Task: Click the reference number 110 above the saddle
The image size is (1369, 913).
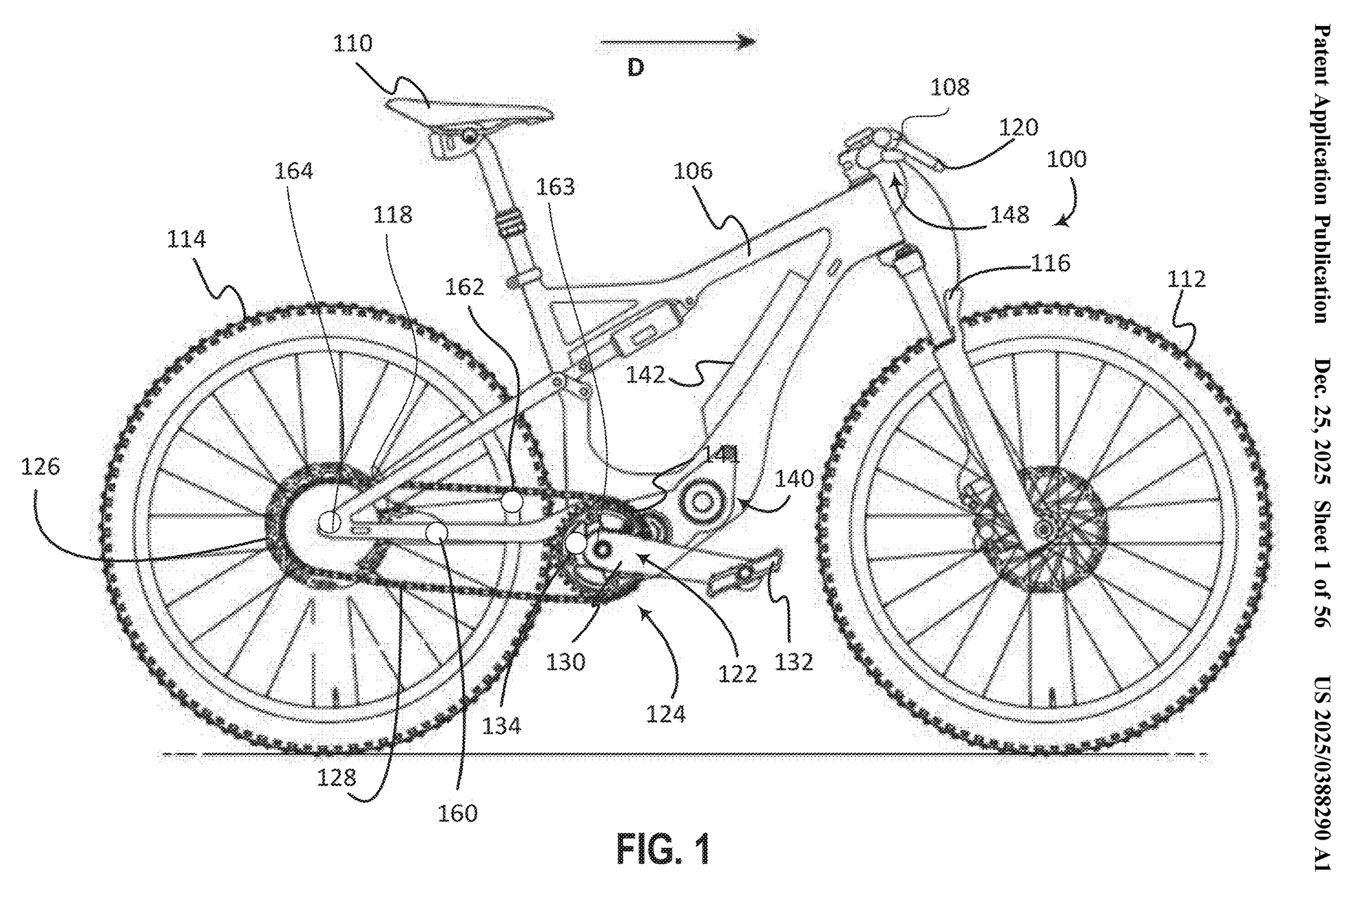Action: (353, 44)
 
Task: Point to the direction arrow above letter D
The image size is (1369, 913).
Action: (678, 42)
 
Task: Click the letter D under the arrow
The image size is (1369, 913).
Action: (636, 68)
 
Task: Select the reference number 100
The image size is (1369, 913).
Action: (1066, 160)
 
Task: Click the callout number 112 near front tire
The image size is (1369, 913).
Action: (1186, 279)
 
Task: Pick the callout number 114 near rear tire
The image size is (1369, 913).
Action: (186, 239)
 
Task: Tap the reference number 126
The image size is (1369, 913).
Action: (40, 467)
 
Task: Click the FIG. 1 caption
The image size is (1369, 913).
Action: (663, 849)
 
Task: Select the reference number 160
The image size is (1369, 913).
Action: (457, 813)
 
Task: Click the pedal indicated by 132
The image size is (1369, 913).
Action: (746, 572)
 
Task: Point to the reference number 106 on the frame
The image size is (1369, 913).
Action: (693, 171)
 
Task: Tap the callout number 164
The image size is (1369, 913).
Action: (294, 171)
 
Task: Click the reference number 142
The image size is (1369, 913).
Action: (645, 375)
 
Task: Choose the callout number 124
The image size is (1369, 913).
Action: (665, 714)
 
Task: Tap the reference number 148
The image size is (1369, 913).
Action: (1010, 215)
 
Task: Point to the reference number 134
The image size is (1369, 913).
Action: (502, 725)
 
